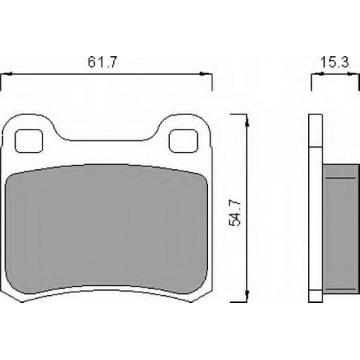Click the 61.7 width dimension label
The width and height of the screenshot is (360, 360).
coord(102,62)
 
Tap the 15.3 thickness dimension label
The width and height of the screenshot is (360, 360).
coord(335,63)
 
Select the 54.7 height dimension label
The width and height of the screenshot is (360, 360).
coord(235,213)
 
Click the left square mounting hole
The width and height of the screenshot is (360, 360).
coord(29,141)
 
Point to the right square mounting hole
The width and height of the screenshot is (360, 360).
coord(184,140)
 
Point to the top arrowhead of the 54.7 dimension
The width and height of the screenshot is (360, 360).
coord(247,121)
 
